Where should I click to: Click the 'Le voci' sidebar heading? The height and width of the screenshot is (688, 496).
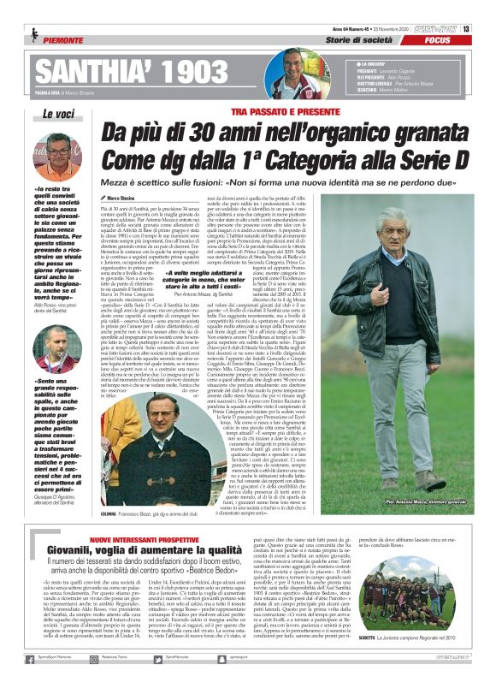[58, 113]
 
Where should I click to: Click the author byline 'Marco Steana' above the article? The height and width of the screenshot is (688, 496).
[125, 198]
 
